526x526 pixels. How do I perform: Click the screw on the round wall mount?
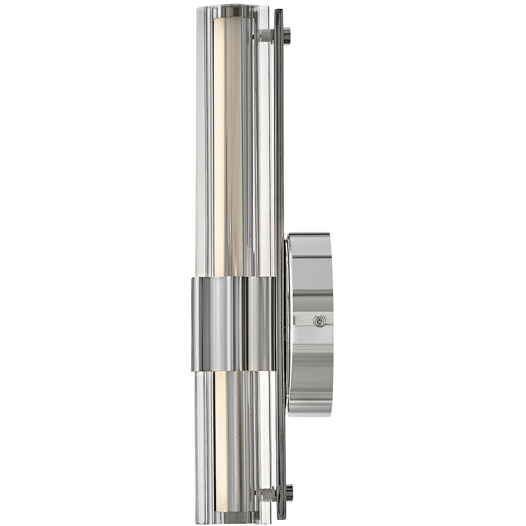[319, 321]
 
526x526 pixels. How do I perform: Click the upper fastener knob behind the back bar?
[287, 36]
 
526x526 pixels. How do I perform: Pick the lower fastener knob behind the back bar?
[288, 493]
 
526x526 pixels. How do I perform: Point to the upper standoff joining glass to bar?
[265, 36]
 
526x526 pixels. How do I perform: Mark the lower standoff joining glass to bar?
[266, 494]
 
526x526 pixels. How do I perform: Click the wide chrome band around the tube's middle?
[233, 323]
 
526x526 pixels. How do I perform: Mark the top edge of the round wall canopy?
[310, 235]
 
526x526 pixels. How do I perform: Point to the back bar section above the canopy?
[279, 137]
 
